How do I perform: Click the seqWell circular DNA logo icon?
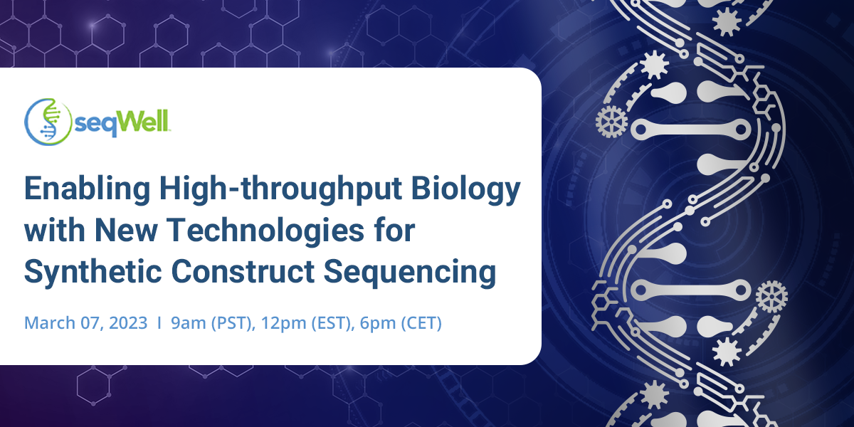coord(48,122)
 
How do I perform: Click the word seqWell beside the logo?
coord(122,123)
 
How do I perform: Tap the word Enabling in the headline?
coord(88,189)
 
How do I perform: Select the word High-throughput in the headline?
coord(280,189)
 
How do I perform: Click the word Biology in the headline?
coord(466,189)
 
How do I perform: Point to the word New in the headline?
coord(126,231)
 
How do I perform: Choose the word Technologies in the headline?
coord(265,231)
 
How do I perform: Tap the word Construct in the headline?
coord(243,271)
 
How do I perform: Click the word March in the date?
coord(50,323)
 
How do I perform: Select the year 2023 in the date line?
coord(128,323)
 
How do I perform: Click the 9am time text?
coord(189,324)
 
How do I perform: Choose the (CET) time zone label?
coord(421,323)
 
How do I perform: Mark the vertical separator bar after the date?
coord(159,323)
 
